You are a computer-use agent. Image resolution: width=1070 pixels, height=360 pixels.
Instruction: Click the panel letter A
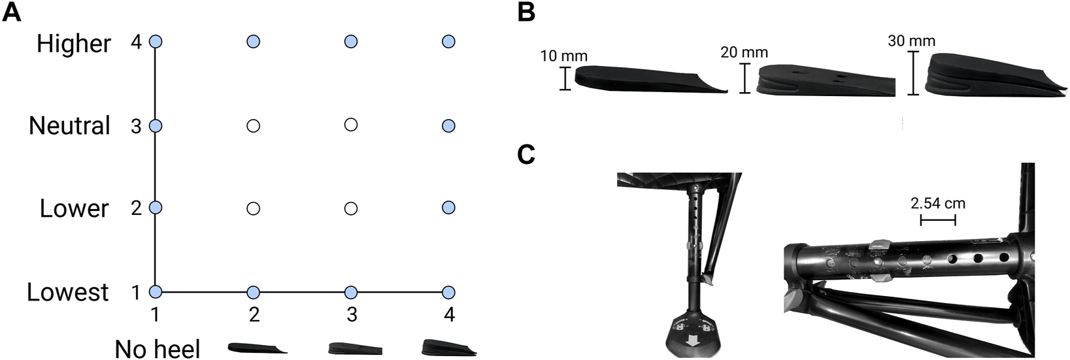pyautogui.click(x=11, y=12)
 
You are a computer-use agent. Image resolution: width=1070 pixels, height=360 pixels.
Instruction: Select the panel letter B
pyautogui.click(x=526, y=12)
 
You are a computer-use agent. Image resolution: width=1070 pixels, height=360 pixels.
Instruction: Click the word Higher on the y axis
pyautogui.click(x=74, y=44)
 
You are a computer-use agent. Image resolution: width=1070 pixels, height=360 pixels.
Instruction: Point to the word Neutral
pyautogui.click(x=69, y=125)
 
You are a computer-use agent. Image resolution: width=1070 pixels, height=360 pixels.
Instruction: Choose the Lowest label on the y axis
pyautogui.click(x=67, y=292)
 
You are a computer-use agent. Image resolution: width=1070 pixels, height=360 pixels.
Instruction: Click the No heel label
pyautogui.click(x=158, y=348)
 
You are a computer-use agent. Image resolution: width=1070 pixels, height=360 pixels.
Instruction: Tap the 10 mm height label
pyautogui.click(x=563, y=56)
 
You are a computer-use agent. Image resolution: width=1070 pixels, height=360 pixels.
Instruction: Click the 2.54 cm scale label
pyautogui.click(x=938, y=203)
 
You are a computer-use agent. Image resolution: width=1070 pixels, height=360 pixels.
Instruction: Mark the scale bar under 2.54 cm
pyautogui.click(x=938, y=220)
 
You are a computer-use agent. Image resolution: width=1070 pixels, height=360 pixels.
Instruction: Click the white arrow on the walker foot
pyautogui.click(x=690, y=341)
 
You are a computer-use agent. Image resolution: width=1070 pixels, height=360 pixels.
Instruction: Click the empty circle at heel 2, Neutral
pyautogui.click(x=254, y=125)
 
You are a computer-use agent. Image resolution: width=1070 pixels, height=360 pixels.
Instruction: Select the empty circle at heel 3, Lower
pyautogui.click(x=351, y=209)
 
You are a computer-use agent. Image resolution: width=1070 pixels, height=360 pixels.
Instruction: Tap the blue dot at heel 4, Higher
pyautogui.click(x=448, y=42)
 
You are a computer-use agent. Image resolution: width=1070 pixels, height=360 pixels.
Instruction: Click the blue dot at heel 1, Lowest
pyautogui.click(x=156, y=292)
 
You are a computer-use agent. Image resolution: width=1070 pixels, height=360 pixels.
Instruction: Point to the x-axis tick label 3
pyautogui.click(x=352, y=316)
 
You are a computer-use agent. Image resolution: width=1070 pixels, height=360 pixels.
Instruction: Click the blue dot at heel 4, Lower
pyautogui.click(x=448, y=208)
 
